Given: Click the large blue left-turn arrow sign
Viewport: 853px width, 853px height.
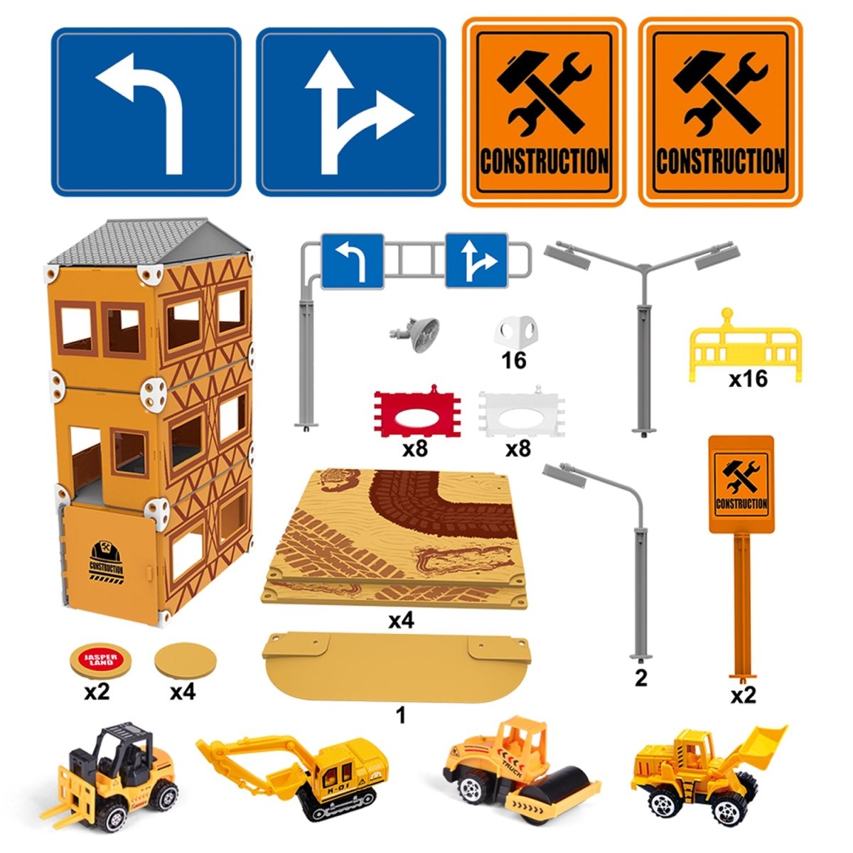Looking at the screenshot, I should click(146, 112).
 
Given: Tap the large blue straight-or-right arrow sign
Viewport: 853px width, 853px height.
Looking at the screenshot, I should click(350, 112).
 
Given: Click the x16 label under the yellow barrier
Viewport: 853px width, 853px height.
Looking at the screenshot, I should click(748, 378).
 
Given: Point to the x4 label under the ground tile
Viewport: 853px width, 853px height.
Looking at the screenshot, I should click(401, 621).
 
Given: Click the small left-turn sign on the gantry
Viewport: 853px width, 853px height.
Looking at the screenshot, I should click(352, 262).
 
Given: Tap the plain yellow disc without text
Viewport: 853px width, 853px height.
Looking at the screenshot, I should click(186, 659).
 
